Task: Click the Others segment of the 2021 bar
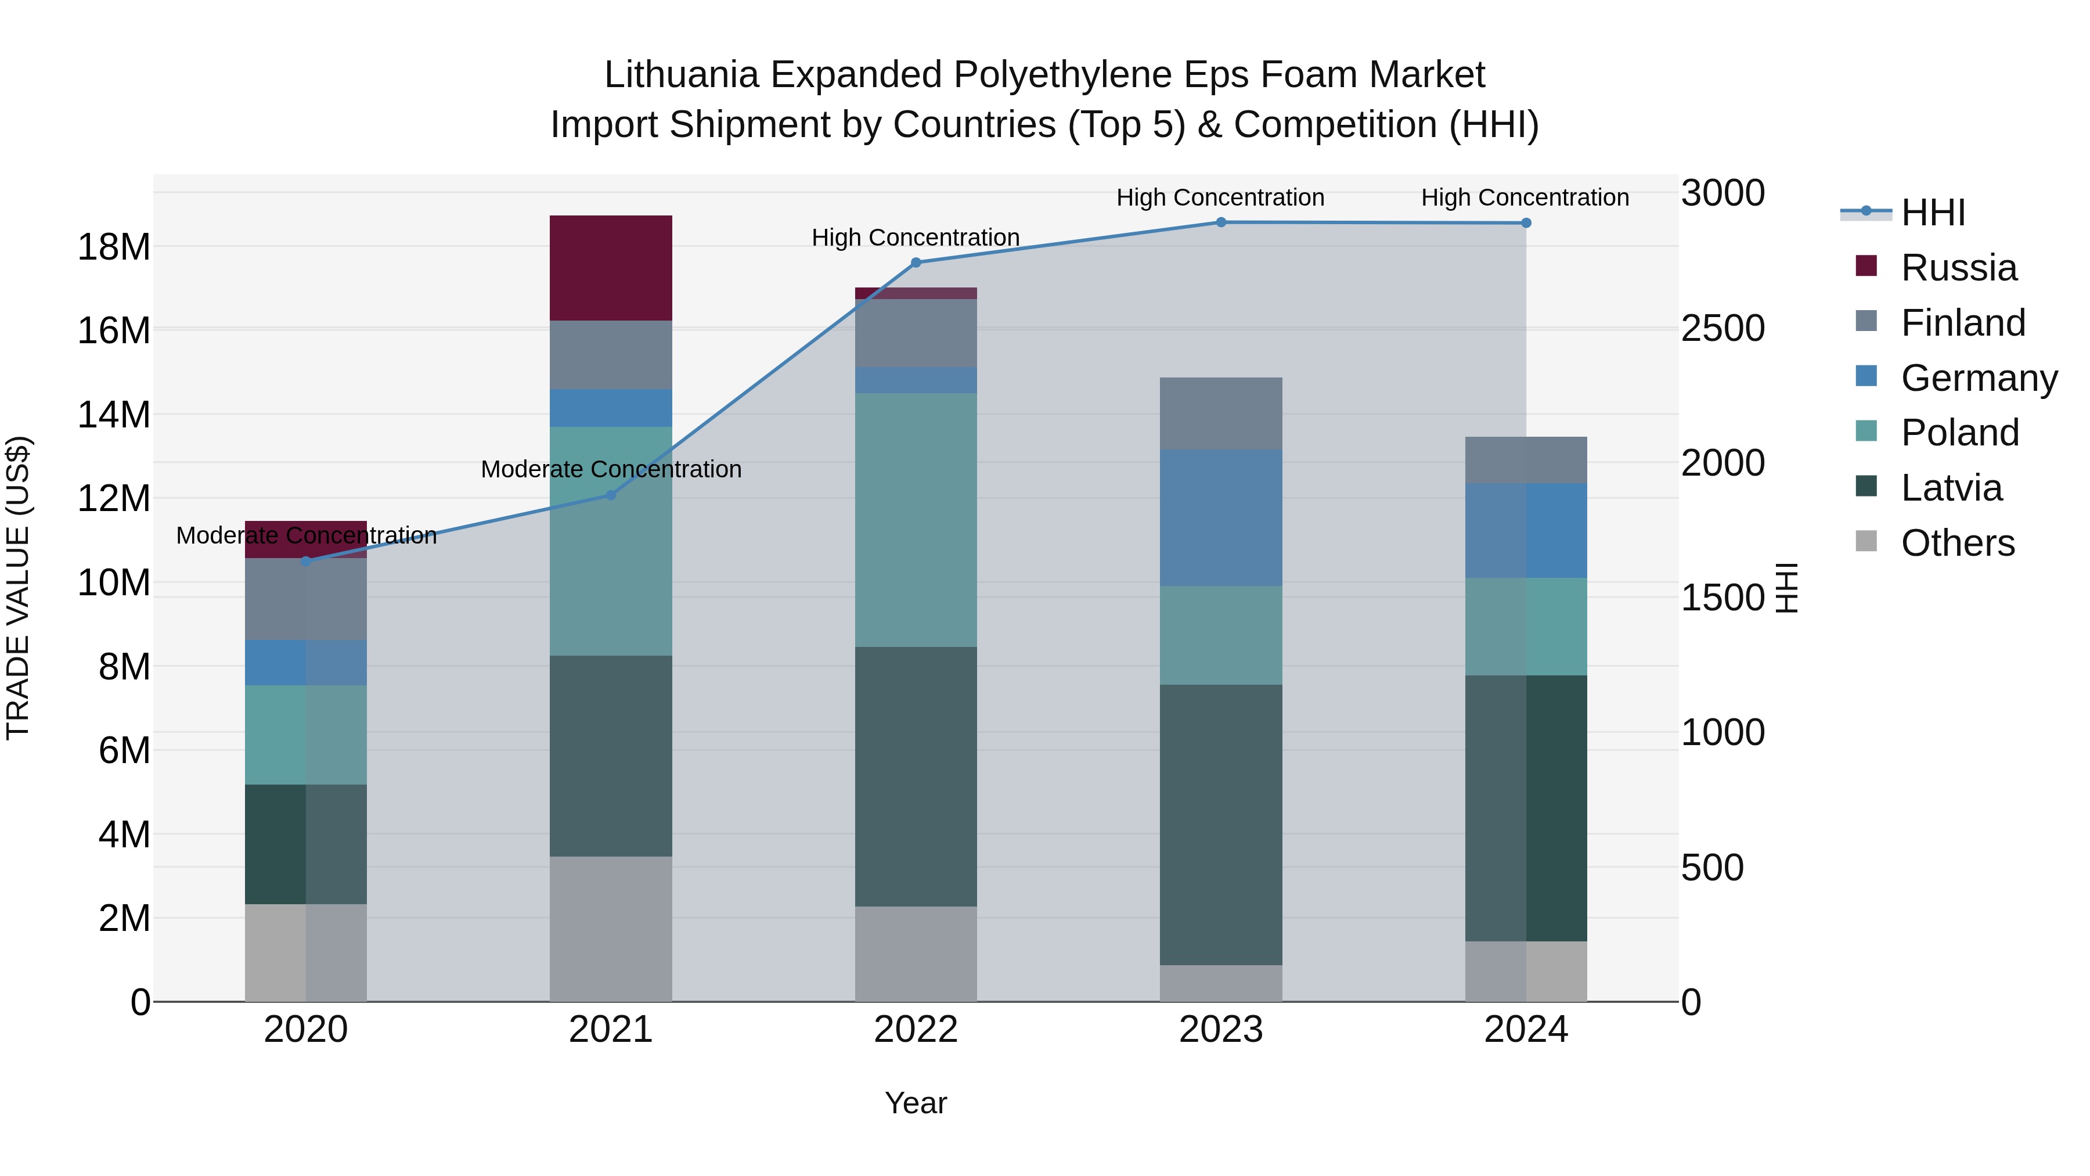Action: [610, 929]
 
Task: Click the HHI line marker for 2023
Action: [1220, 222]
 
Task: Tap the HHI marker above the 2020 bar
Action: [306, 561]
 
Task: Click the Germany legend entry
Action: [1978, 377]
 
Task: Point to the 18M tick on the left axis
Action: [114, 247]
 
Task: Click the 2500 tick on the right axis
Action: [1722, 328]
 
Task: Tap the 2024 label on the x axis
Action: [1525, 1029]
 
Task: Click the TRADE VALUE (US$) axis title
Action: [19, 588]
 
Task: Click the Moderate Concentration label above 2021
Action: [610, 469]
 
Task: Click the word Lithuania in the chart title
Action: [681, 75]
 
